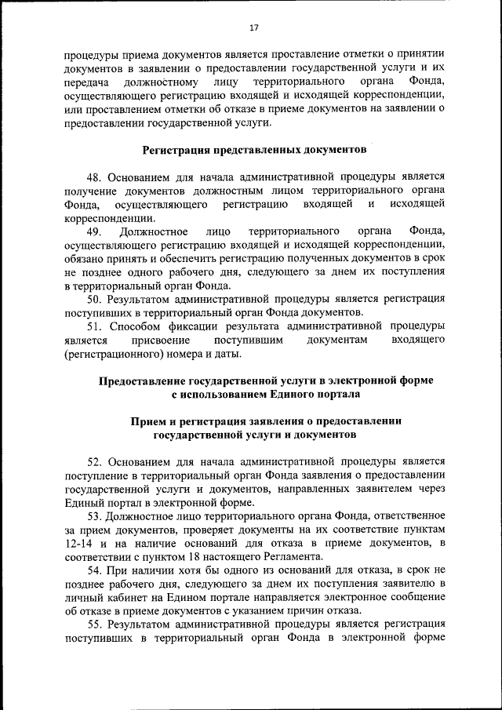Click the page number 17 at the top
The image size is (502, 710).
(x=253, y=27)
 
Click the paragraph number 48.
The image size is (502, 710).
(x=93, y=177)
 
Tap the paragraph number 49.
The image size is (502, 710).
(x=93, y=231)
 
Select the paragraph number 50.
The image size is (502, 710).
(x=93, y=298)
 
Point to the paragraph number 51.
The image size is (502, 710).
(x=93, y=325)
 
